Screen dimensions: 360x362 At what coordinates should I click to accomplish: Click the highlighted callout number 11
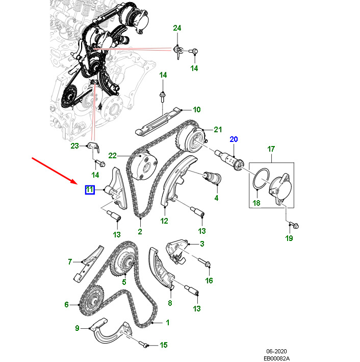click(x=90, y=190)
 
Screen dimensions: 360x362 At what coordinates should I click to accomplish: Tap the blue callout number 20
click(x=234, y=139)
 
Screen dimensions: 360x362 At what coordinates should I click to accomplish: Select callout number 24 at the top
click(x=177, y=28)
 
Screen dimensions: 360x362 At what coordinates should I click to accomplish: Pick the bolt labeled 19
click(x=294, y=225)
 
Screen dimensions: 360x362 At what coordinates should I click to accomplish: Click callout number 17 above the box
click(x=271, y=149)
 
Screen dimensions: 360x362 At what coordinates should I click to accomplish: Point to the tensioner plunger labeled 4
click(x=212, y=178)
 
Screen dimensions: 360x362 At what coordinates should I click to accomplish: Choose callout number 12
click(x=164, y=221)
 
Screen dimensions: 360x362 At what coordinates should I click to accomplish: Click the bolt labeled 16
click(x=204, y=262)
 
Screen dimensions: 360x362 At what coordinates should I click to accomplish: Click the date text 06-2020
click(x=276, y=351)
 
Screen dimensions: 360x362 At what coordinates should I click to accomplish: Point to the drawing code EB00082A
click(x=276, y=358)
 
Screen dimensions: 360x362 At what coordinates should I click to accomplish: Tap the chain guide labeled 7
click(x=89, y=263)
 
